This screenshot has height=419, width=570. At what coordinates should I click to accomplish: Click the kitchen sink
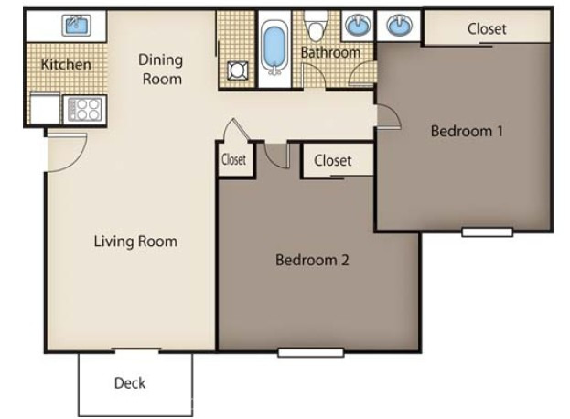tap(76, 25)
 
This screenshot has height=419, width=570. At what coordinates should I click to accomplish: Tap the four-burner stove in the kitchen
tap(84, 110)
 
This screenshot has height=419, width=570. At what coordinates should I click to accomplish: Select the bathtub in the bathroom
tap(274, 48)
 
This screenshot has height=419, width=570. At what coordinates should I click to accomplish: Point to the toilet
tap(316, 25)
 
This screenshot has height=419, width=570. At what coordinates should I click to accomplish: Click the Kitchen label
tap(66, 64)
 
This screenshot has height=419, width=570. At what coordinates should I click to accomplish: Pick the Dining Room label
tap(161, 69)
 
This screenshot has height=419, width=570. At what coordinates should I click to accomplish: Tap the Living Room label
tap(135, 242)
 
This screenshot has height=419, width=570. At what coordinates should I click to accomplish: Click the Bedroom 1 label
tap(467, 131)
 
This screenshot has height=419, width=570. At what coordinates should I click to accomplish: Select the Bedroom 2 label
tap(312, 260)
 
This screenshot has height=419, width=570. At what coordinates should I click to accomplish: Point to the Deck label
tap(130, 383)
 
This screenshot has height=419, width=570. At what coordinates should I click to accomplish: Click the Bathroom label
tap(330, 53)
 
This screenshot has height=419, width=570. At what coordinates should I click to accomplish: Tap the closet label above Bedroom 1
tap(487, 29)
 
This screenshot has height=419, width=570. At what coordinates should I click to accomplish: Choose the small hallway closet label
tap(233, 159)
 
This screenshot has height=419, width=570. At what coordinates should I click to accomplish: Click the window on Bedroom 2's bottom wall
tap(311, 352)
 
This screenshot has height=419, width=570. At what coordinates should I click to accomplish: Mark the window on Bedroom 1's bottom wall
tap(487, 231)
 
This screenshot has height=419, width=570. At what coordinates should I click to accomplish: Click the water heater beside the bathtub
tap(237, 70)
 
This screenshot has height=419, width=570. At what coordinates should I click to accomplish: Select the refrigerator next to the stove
tap(45, 108)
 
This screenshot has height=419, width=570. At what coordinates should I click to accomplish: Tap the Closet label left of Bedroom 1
tap(333, 160)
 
